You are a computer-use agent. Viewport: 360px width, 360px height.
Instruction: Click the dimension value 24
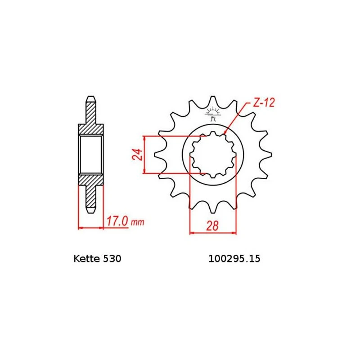coord(138,154)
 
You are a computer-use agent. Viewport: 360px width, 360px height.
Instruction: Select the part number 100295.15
coord(234,259)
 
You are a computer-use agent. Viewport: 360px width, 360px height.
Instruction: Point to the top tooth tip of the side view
coord(91,98)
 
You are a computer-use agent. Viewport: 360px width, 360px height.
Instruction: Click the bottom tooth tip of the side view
coord(91,211)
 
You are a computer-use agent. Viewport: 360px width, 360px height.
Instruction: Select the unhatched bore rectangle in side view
coord(91,154)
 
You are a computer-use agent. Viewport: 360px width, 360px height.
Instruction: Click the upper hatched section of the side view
coord(91,121)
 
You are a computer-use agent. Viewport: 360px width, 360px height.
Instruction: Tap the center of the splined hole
coord(213,154)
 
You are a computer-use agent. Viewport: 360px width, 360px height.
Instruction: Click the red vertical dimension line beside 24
coord(144,154)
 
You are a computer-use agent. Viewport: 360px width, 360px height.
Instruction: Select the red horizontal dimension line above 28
coord(213,233)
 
